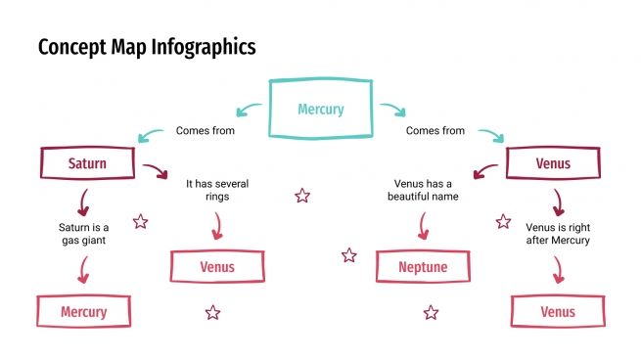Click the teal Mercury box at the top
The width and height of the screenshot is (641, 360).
tap(320, 109)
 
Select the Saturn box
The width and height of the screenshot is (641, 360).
tap(86, 163)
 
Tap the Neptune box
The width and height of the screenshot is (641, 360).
tap(423, 266)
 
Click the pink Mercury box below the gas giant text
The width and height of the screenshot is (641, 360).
tap(83, 312)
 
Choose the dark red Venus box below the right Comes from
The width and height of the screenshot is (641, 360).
tap(553, 163)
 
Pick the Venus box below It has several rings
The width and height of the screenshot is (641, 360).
tap(217, 266)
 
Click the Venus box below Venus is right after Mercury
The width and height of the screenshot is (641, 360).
tap(557, 312)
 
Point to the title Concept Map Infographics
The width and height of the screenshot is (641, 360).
tap(147, 46)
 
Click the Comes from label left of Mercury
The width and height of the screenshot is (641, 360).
tap(206, 130)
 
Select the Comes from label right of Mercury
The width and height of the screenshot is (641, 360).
tap(435, 130)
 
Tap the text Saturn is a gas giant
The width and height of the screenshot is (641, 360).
tap(83, 233)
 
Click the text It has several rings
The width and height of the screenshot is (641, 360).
tap(218, 189)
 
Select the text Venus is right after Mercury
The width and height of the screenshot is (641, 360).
tap(557, 233)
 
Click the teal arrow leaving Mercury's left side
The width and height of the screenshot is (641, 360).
tap(250, 110)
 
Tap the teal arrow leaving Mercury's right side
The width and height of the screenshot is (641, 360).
tap(391, 110)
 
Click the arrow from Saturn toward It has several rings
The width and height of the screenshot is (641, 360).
tap(155, 172)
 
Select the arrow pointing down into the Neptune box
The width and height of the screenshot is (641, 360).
tap(423, 227)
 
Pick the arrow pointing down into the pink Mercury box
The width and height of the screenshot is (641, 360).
tap(84, 270)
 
